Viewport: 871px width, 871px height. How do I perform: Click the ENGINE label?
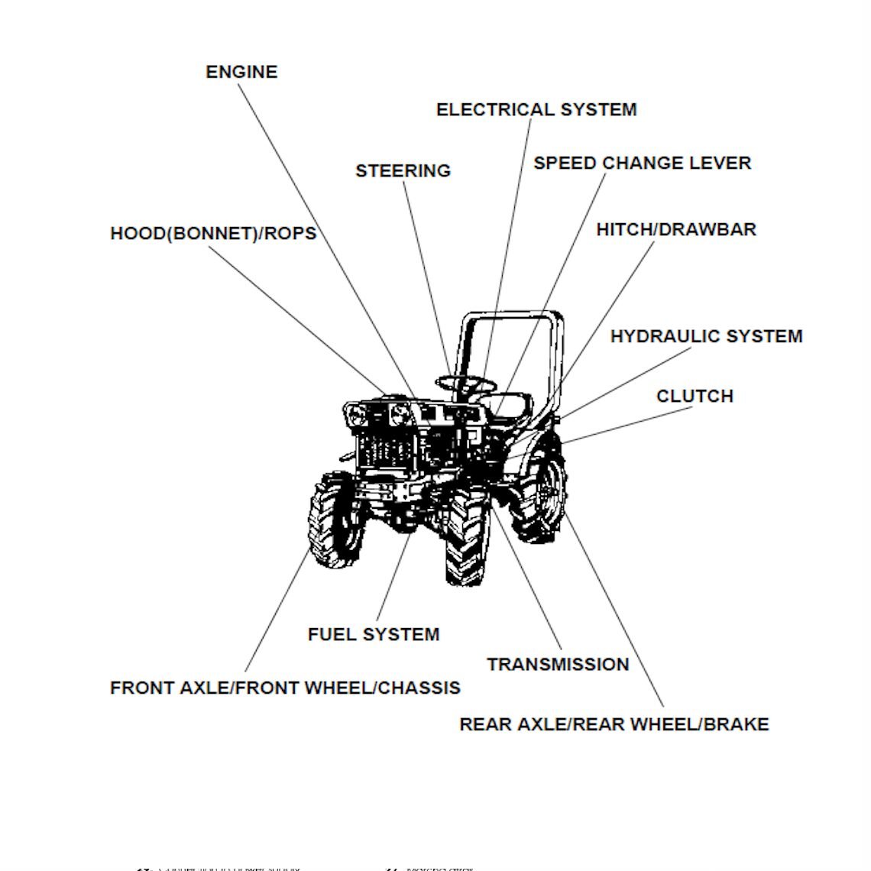click(241, 72)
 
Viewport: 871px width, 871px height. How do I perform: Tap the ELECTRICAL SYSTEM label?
click(536, 109)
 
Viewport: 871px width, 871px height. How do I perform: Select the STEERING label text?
click(403, 170)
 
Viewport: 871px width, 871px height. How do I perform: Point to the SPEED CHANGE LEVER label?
click(642, 163)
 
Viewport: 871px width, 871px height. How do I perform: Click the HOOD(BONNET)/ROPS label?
click(213, 233)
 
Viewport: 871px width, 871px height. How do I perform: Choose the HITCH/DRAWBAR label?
click(675, 229)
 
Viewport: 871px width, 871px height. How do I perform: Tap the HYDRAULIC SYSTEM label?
click(706, 336)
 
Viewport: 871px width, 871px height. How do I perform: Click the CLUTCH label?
click(695, 396)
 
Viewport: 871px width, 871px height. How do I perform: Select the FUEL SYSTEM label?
click(373, 634)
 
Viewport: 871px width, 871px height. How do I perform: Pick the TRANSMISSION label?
click(558, 665)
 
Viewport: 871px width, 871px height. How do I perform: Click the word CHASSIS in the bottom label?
click(419, 688)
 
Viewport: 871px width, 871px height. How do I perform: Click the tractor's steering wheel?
click(465, 383)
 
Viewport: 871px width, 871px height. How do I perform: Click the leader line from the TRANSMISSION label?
click(527, 581)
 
